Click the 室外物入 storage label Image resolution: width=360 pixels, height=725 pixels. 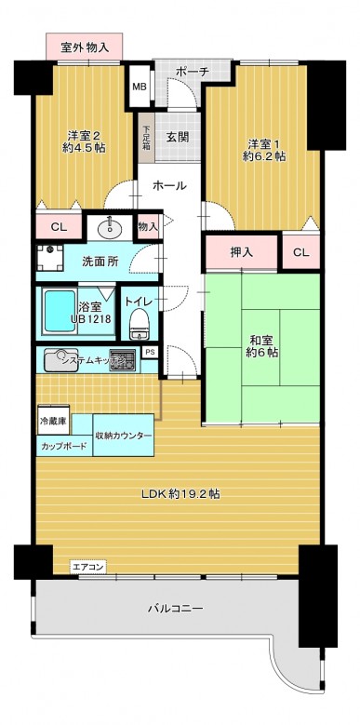click(x=86, y=46)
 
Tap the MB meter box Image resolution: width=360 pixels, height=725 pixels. click(x=139, y=88)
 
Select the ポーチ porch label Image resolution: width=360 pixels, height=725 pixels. click(x=191, y=71)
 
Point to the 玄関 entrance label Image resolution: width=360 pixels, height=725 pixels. click(x=178, y=137)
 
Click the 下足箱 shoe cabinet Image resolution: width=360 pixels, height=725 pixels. click(x=145, y=138)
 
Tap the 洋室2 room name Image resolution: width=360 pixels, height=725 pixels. click(x=81, y=132)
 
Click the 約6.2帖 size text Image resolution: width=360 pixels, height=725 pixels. click(x=264, y=156)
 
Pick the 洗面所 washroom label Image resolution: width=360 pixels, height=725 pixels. click(x=100, y=262)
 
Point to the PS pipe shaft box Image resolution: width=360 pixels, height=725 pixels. click(x=150, y=352)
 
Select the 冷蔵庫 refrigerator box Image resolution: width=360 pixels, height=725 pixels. click(x=52, y=422)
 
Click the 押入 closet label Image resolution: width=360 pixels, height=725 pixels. click(x=242, y=252)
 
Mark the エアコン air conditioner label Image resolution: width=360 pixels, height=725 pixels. click(x=89, y=566)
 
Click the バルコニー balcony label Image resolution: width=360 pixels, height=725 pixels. click(x=176, y=609)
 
